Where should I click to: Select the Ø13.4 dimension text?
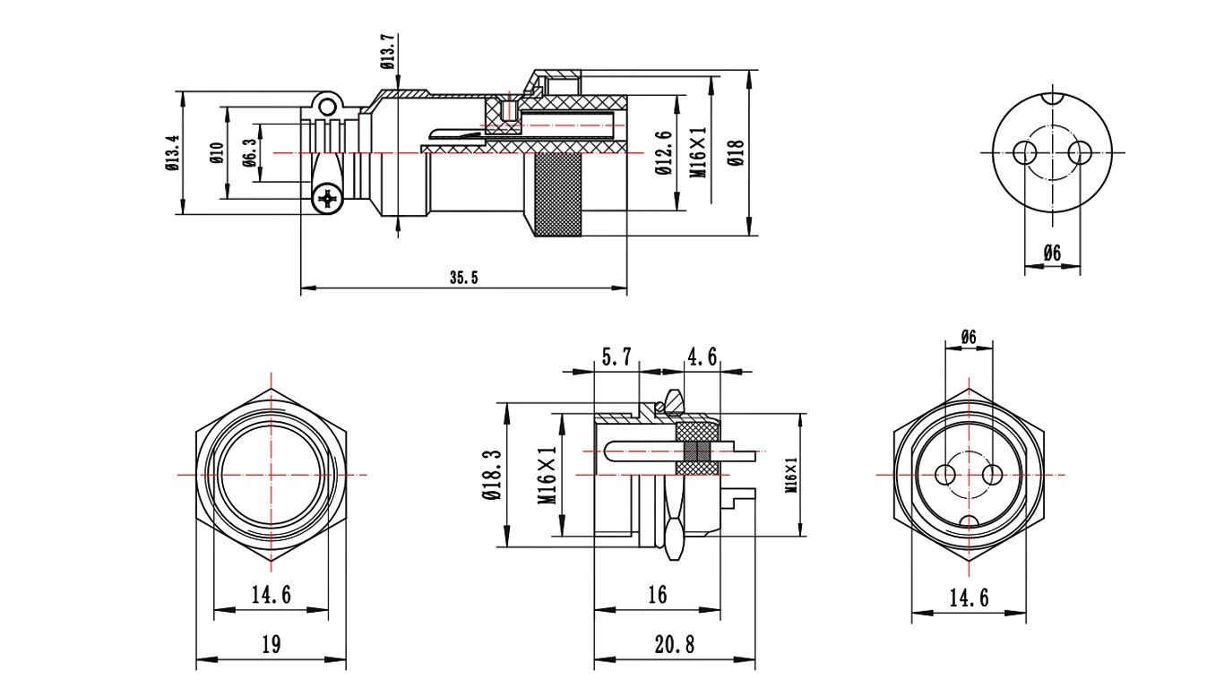(172, 153)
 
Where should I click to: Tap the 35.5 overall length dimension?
(464, 277)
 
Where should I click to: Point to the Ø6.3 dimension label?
(249, 152)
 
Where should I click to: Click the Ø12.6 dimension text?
(664, 153)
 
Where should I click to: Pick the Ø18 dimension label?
(736, 152)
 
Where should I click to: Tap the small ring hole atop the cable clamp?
(326, 106)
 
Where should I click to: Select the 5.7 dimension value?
(616, 357)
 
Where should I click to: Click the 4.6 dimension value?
(702, 357)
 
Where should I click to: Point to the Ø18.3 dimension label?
(492, 475)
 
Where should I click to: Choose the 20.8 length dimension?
(675, 645)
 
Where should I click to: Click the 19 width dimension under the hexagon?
(272, 645)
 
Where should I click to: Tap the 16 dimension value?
(658, 595)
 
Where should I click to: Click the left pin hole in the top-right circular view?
(1024, 152)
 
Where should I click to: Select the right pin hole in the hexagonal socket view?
(992, 474)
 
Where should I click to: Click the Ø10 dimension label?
(217, 152)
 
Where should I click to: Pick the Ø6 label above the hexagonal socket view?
(969, 337)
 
